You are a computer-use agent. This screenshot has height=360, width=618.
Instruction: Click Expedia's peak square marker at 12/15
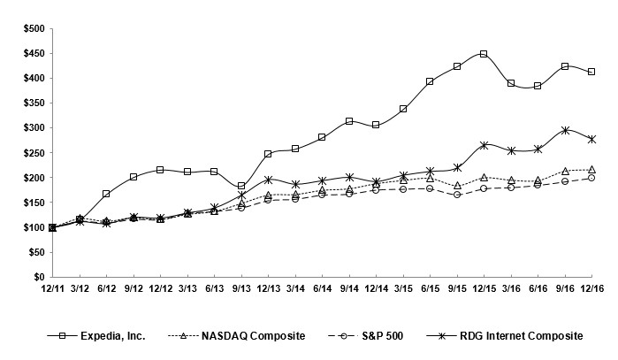click(484, 54)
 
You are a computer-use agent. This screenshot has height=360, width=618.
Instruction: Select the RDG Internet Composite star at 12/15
click(484, 145)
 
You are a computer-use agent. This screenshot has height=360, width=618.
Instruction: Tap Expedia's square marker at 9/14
click(349, 121)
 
